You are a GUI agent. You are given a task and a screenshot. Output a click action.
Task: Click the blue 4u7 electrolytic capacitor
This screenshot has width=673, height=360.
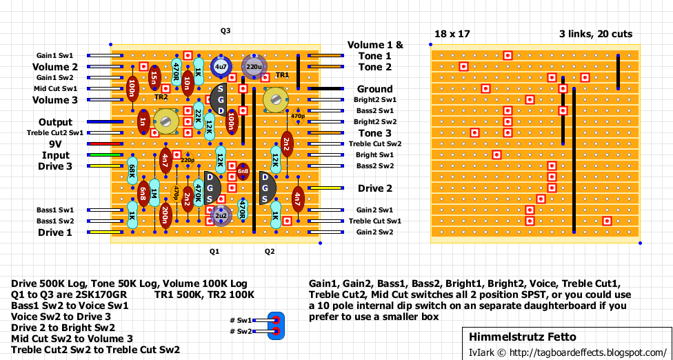(x=221, y=66)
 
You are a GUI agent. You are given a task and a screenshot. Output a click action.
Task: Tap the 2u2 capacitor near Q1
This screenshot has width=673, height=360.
(x=221, y=215)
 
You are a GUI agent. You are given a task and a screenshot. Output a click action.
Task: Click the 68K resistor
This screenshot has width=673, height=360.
(x=132, y=171)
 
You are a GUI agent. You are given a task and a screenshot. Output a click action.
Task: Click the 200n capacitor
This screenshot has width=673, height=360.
(x=165, y=215)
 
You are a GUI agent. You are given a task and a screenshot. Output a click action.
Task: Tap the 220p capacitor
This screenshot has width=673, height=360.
(x=187, y=160)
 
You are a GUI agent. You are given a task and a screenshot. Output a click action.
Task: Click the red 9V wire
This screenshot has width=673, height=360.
(x=105, y=143)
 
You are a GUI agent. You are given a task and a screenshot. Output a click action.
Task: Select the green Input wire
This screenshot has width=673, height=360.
(x=105, y=154)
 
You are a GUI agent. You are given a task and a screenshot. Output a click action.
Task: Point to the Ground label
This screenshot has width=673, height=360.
(x=374, y=89)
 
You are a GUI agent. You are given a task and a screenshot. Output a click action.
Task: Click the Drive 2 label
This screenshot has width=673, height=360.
(x=374, y=188)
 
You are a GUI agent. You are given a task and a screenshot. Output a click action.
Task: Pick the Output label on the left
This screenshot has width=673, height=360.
(x=55, y=122)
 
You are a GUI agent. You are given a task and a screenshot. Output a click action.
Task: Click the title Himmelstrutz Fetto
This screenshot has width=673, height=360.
(x=523, y=337)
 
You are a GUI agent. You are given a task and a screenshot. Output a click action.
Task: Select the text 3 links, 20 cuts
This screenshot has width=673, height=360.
(x=596, y=34)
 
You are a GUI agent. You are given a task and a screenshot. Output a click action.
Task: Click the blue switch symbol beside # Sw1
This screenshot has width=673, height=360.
(x=276, y=326)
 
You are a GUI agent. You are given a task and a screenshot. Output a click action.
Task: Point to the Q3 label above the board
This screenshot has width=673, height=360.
(x=225, y=31)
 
